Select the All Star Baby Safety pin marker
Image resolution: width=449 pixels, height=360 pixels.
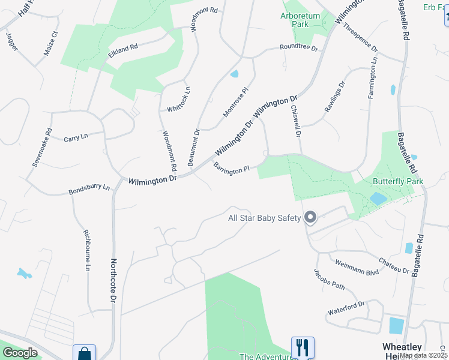tap(310, 218)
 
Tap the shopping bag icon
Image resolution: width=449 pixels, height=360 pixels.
tap(84, 354)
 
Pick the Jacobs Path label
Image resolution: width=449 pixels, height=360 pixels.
tap(330, 279)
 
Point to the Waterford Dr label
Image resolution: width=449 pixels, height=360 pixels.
tap(346, 308)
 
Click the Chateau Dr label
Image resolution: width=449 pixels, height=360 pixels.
tap(394, 266)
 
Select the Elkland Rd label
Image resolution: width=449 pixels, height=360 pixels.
tap(123, 52)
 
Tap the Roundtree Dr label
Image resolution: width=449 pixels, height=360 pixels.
tap(298, 48)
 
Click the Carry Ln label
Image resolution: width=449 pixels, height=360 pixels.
tap(76, 137)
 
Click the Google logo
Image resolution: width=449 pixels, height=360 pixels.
tap(20, 353)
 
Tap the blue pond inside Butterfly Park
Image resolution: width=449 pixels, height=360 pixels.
tap(378, 199)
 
